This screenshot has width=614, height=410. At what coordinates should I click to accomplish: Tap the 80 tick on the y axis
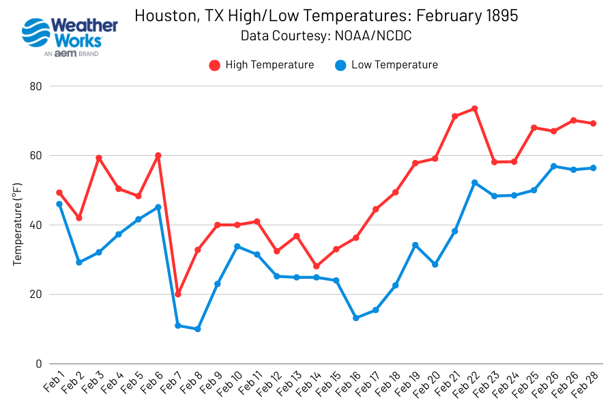point(35,86)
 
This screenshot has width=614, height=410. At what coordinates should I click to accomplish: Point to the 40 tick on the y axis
point(35,225)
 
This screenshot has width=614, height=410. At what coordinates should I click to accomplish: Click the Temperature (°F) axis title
point(18,225)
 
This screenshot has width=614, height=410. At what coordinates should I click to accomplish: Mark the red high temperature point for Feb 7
point(178,294)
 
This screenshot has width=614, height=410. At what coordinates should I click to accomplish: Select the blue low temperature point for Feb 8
point(198,329)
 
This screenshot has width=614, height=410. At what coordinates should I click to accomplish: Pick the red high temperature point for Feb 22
point(474,109)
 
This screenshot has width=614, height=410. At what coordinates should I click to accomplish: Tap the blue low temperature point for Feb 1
point(59,204)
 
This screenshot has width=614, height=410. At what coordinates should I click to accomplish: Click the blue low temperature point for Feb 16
point(356,318)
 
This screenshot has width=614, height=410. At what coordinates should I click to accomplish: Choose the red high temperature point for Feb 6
point(158,156)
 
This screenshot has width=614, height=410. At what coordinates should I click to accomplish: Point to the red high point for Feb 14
point(317,266)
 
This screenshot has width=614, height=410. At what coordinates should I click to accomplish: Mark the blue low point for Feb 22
point(474,182)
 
